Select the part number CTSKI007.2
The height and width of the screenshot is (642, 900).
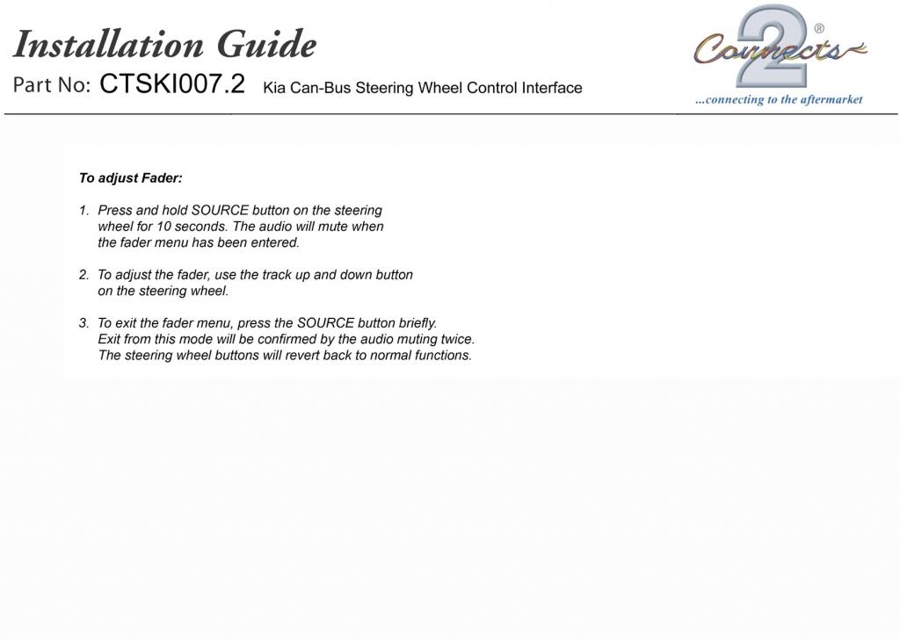[x=172, y=84]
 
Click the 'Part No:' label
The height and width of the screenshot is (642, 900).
[x=52, y=86]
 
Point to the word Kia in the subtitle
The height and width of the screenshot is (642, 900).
[x=274, y=88]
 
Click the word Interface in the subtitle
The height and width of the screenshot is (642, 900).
[x=550, y=88]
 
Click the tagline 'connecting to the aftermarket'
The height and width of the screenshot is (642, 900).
[x=779, y=100]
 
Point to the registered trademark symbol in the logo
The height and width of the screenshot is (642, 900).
[x=819, y=29]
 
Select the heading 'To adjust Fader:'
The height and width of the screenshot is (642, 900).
[x=130, y=178]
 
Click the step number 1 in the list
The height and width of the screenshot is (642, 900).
[x=83, y=211]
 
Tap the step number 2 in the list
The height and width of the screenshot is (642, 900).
[x=83, y=275]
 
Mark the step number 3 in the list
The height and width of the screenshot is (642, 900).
[x=83, y=323]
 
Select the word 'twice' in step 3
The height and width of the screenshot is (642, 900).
[x=457, y=339]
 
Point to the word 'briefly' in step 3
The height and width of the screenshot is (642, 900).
[x=417, y=323]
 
